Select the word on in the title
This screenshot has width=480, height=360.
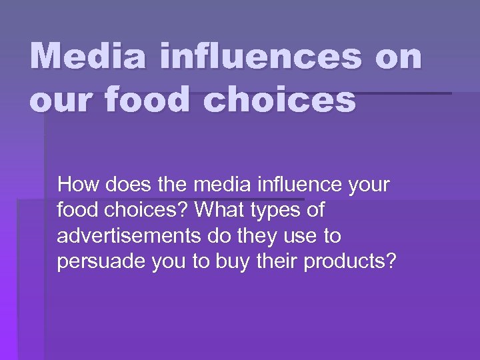point(398,57)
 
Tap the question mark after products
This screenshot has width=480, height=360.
point(391,262)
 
